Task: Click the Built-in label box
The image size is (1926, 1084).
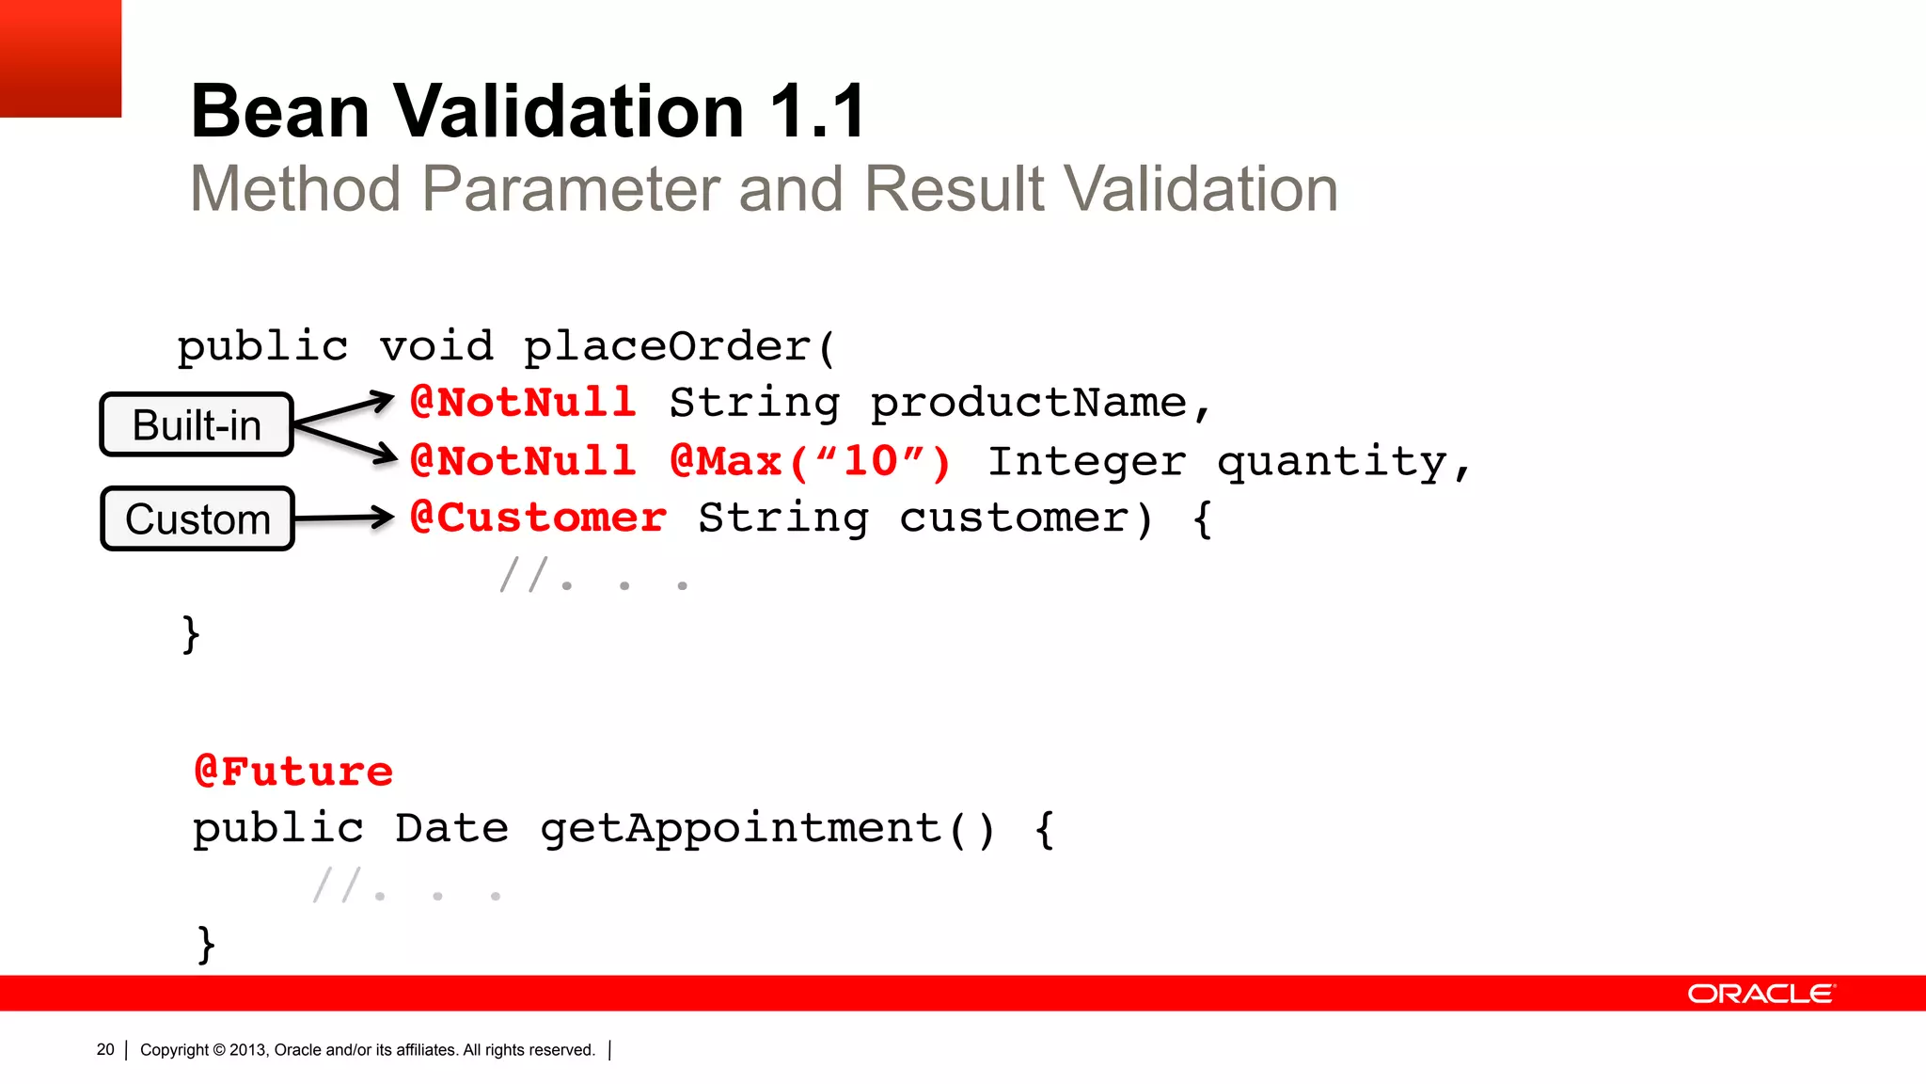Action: point(197,424)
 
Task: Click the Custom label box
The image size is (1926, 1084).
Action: point(197,518)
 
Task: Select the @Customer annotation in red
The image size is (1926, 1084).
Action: point(538,518)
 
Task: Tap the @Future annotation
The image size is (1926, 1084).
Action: point(292,772)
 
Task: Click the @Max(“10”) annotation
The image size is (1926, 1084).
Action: point(810,461)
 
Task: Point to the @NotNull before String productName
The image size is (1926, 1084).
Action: point(523,403)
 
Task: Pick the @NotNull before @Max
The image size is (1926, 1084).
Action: point(523,461)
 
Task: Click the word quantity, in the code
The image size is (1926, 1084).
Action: point(1343,462)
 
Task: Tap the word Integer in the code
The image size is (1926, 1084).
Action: point(1086,461)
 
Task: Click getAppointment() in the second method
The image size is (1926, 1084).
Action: point(766,829)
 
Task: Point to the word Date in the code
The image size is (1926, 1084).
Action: point(451,829)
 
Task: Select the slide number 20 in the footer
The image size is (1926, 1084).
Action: point(105,1049)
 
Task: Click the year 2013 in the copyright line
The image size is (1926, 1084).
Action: point(248,1050)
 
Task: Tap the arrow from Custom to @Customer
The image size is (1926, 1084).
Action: point(343,518)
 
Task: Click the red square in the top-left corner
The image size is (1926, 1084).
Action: point(60,57)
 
